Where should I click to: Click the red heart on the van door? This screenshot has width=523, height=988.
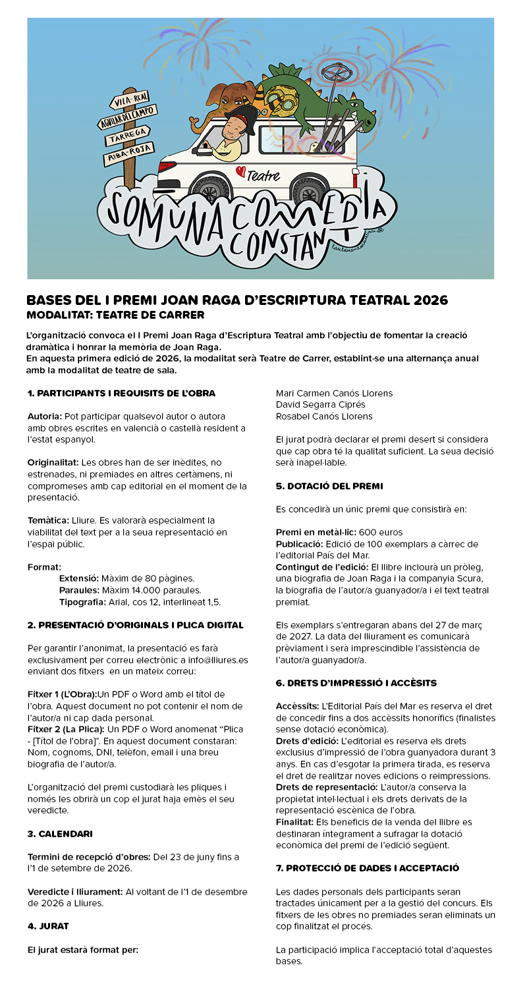(240, 172)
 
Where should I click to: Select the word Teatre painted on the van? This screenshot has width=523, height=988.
(264, 176)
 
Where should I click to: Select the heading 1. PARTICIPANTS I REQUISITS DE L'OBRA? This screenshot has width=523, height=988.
(121, 393)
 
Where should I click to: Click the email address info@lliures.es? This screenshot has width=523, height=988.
(215, 659)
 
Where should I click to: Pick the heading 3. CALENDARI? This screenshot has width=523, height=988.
(60, 833)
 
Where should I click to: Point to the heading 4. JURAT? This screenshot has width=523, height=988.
(48, 925)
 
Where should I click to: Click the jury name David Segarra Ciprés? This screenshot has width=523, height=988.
(320, 404)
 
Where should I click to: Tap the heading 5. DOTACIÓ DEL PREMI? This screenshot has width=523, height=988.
(329, 486)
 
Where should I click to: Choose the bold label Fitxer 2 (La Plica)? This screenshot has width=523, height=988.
(65, 729)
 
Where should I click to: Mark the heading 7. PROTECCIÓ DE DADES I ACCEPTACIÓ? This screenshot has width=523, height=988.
(368, 868)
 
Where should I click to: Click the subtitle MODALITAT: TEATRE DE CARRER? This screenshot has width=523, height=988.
(115, 315)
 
